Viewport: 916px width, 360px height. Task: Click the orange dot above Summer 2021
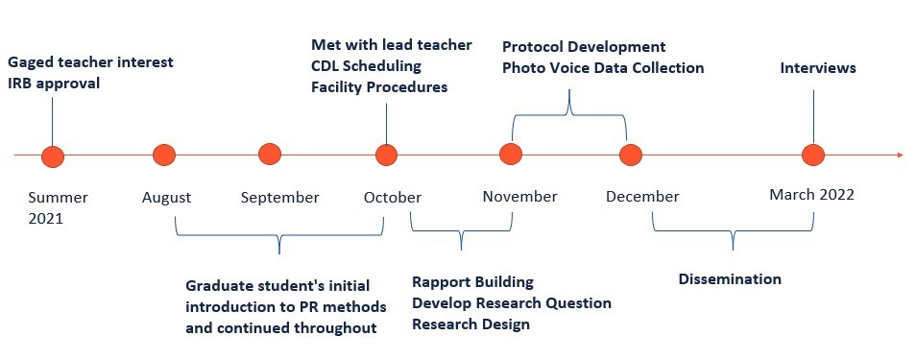[53, 156]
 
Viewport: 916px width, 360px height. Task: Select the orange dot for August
[164, 155]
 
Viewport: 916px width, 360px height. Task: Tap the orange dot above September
[270, 154]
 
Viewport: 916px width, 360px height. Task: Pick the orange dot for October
[386, 155]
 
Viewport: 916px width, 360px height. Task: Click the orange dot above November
[511, 155]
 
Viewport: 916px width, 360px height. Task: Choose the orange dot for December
[630, 155]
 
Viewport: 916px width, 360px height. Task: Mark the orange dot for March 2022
[813, 155]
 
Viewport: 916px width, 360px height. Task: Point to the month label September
[279, 198]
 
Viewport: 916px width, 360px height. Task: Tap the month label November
[519, 197]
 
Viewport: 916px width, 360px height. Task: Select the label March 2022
[811, 195]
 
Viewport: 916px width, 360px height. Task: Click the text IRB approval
[54, 84]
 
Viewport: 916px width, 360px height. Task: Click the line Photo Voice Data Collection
[603, 68]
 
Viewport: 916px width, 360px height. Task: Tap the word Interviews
[817, 68]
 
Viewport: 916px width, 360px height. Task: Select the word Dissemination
[730, 279]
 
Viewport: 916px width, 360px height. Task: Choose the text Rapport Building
[472, 282]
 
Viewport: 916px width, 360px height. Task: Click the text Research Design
[470, 324]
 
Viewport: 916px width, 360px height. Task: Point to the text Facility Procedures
[380, 87]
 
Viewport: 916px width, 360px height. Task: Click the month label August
[166, 198]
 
